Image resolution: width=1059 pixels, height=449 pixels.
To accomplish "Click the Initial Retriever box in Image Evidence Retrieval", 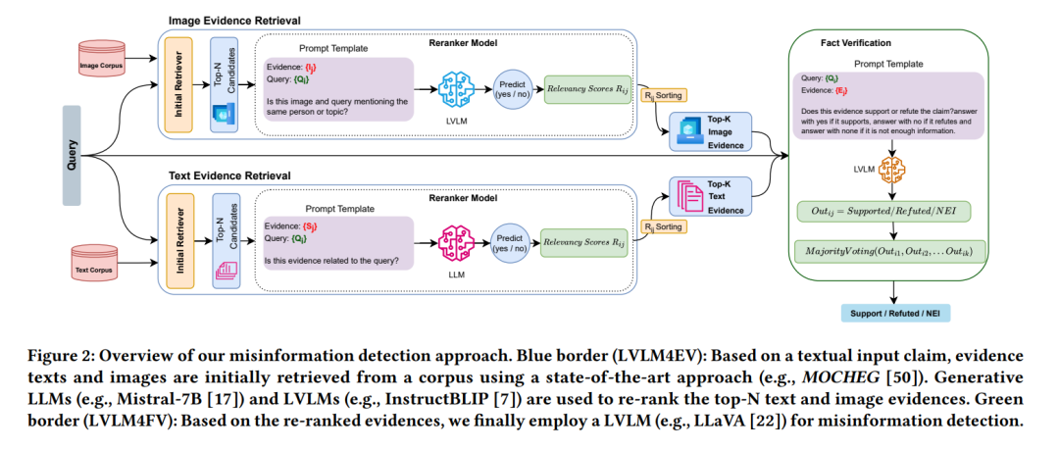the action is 178,85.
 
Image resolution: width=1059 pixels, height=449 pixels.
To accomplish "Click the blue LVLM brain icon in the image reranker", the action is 453,88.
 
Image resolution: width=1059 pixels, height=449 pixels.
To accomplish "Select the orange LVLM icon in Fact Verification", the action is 892,169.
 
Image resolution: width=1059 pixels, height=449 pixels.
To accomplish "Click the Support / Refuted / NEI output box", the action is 893,314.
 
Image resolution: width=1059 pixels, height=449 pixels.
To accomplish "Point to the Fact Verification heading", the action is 856,42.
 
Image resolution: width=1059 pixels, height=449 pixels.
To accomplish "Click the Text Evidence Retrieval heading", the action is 229,176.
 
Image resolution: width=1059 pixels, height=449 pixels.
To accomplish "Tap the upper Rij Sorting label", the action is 663,95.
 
